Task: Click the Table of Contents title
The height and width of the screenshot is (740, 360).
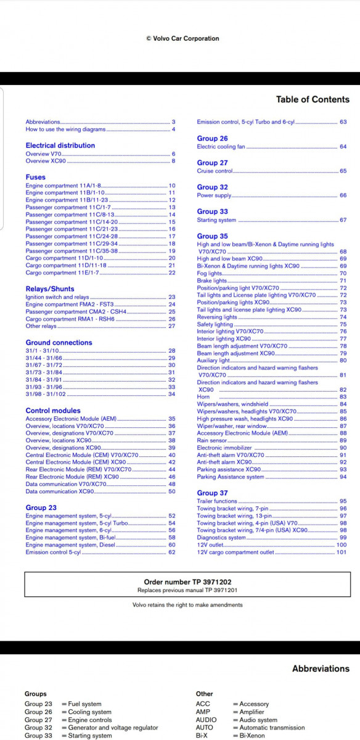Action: pos(312,99)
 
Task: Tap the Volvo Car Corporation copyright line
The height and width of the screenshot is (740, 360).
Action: pos(182,38)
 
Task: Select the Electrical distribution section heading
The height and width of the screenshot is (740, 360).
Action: pos(60,146)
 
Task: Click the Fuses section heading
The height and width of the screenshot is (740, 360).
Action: pos(35,177)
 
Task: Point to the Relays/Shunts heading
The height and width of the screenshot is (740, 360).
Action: pos(50,289)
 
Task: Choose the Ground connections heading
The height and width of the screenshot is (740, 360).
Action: pos(59,343)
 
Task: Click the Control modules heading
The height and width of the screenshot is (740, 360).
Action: pos(53,411)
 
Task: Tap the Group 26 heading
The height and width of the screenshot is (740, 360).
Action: pos(212,139)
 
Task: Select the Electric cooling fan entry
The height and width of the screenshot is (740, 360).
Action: pos(221,147)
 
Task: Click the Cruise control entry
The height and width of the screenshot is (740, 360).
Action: pos(215,171)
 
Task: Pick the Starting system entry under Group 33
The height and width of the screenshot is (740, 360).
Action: pos(216,220)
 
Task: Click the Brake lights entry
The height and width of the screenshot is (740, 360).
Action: pos(211,281)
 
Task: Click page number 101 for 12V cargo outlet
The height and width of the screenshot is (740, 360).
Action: pos(342,552)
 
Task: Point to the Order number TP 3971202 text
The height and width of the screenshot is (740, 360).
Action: pos(179,582)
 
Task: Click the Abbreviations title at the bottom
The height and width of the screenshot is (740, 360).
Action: pos(321,668)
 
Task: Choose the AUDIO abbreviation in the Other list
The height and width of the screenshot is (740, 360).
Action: pos(206,720)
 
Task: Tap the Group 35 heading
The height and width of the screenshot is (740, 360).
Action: pos(212,236)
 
